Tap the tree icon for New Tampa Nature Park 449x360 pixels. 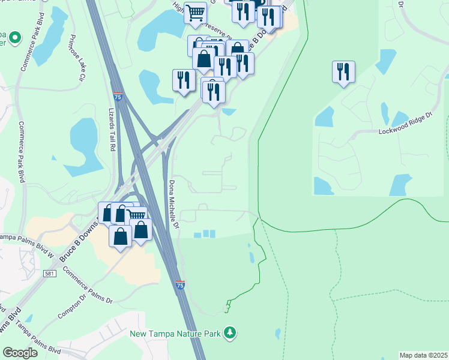pos(229,332)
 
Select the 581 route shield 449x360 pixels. pos(50,274)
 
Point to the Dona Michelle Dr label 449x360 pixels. pos(173,203)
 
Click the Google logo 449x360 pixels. pos(20,353)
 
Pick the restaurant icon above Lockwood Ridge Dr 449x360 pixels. pos(343,71)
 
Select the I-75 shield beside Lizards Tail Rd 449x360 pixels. pos(119,96)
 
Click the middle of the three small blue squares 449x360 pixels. pos(205,234)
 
